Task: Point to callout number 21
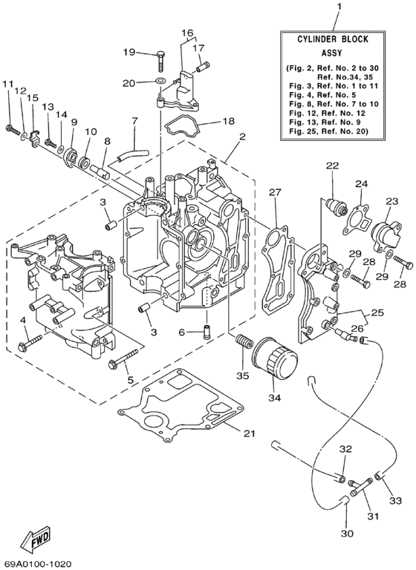tap(250, 433)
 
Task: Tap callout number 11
tap(8, 86)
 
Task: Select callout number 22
tap(331, 165)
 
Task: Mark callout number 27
tap(275, 193)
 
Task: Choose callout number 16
tap(186, 33)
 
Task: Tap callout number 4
tap(24, 320)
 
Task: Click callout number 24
tap(361, 184)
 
